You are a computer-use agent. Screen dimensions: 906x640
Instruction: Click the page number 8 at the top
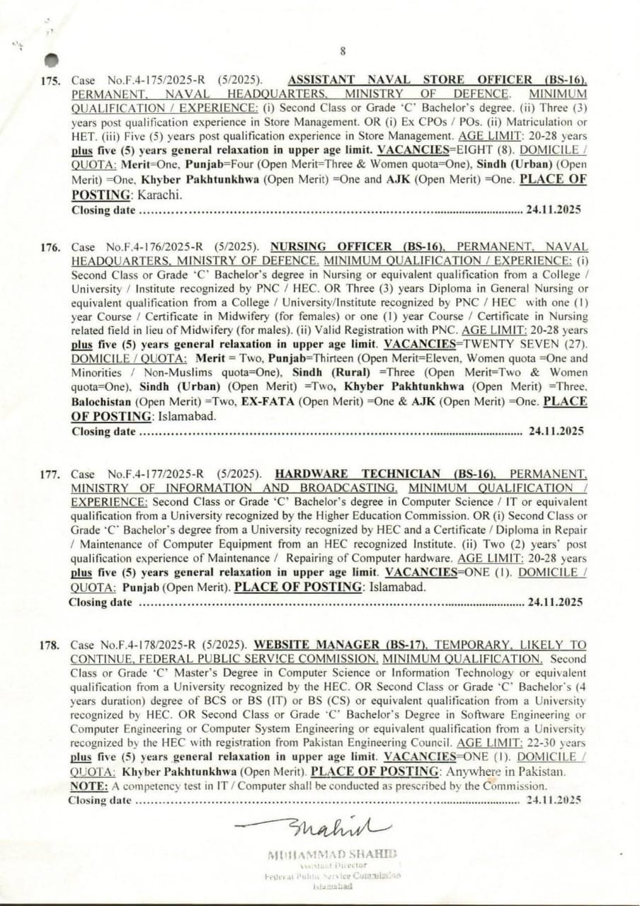343,50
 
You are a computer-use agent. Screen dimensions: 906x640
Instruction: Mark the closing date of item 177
555,602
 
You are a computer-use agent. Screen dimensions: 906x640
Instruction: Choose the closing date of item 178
554,800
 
